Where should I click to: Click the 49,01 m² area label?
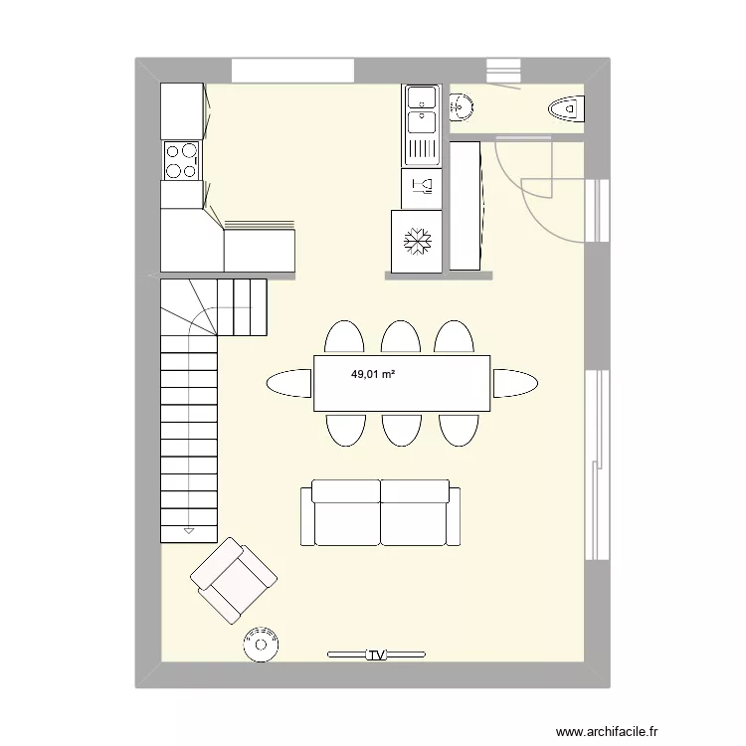tap(371, 375)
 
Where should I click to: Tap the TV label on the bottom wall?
tap(376, 655)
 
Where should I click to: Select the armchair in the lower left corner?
tap(234, 581)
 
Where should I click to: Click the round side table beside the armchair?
tap(262, 643)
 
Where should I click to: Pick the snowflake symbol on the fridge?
tap(416, 241)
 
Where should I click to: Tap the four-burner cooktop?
tap(181, 160)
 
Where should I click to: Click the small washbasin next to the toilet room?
tap(463, 106)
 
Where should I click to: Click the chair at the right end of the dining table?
tap(516, 383)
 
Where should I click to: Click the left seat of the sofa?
tap(345, 512)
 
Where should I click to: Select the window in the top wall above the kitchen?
tap(293, 71)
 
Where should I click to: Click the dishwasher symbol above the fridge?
tap(421, 186)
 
